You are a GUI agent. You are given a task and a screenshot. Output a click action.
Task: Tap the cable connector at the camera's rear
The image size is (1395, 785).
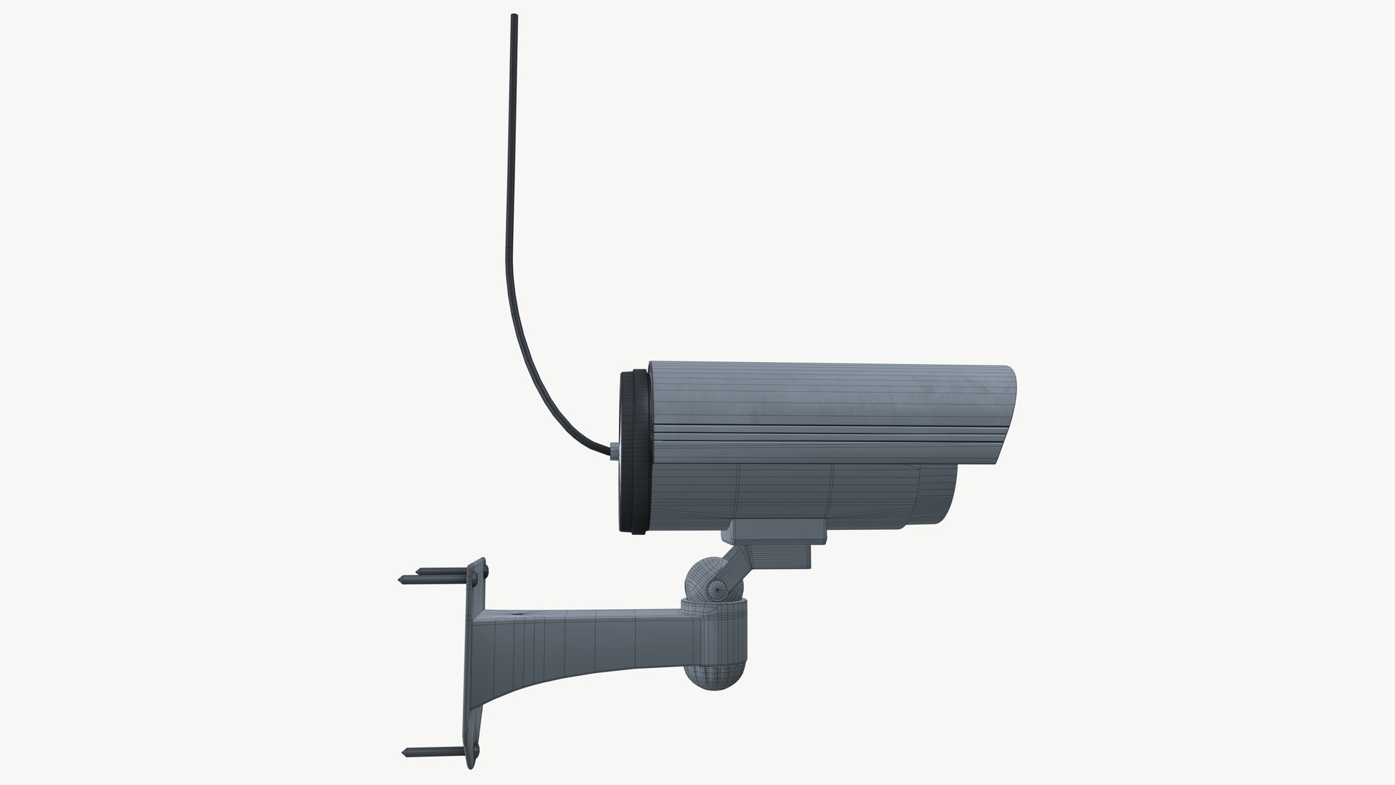[615, 452]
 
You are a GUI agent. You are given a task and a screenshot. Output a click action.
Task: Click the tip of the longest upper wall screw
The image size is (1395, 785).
[400, 579]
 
